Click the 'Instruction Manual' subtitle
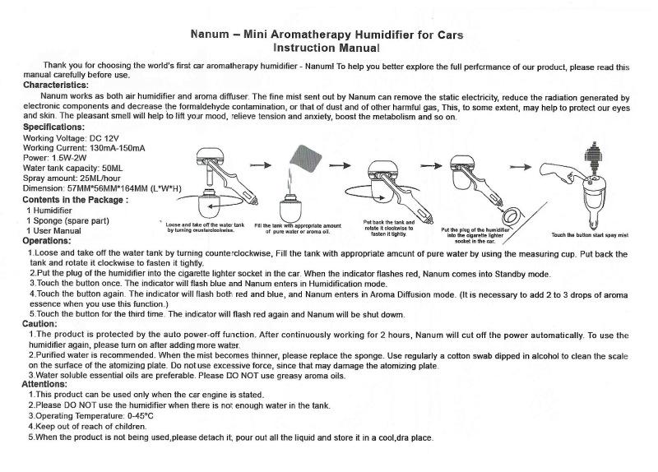click(327, 49)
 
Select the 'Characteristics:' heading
click(56, 85)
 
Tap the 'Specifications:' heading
click(53, 127)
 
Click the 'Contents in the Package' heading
click(75, 200)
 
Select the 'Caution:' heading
click(39, 325)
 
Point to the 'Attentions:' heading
click(44, 384)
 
